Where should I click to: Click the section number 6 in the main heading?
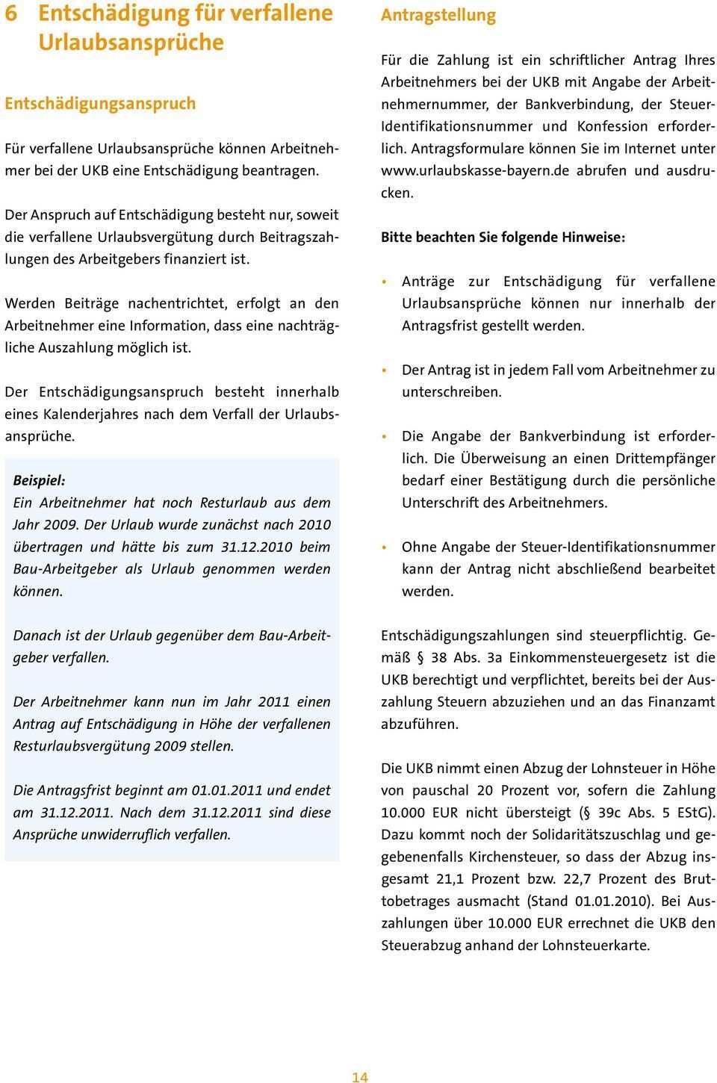coord(11,13)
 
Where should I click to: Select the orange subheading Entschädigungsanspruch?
coord(100,103)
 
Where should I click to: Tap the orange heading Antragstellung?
coord(438,15)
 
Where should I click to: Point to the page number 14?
coord(359,1077)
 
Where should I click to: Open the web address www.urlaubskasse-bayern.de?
coord(467,171)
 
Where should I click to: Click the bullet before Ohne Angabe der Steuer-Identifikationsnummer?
coord(385,547)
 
